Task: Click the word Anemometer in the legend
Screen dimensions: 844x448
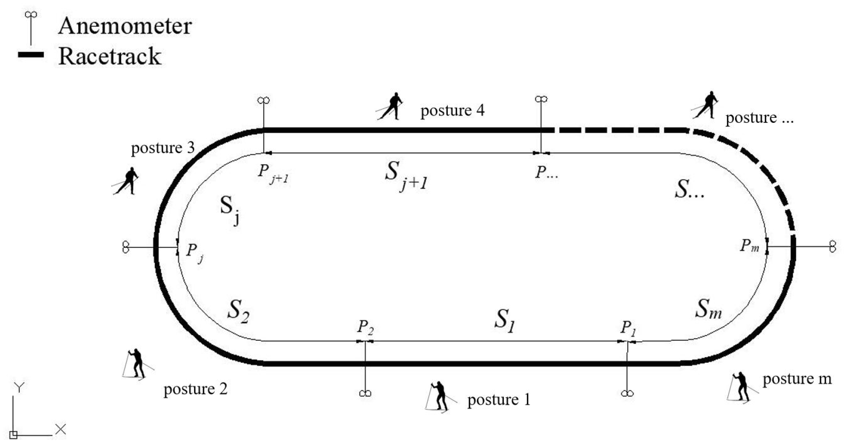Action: point(125,26)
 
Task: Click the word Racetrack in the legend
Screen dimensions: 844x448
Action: point(110,56)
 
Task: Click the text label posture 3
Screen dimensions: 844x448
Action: point(163,148)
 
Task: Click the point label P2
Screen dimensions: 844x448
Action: point(365,327)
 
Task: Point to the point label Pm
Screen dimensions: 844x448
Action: point(749,246)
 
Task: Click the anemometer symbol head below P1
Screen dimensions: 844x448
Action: point(627,394)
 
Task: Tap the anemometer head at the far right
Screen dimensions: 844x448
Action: point(832,246)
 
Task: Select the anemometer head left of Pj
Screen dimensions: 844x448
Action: point(126,247)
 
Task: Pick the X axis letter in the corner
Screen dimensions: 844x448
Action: point(61,429)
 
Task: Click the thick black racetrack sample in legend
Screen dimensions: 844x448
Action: point(31,55)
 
